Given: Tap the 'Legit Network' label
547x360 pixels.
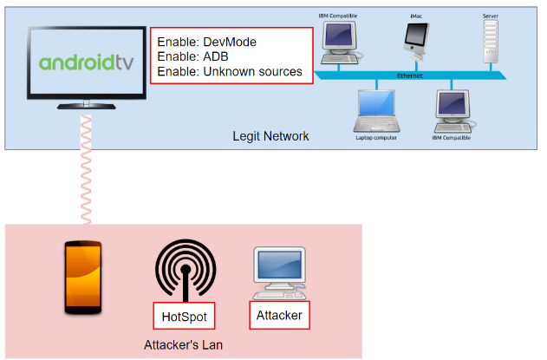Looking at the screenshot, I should [x=270, y=136].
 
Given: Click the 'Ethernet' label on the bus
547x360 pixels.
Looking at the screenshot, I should [x=409, y=75].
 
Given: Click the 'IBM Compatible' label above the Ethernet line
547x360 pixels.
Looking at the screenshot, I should [x=338, y=16].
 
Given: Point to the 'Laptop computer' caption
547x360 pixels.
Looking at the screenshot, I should [x=376, y=137].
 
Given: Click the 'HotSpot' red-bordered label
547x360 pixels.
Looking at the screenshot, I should [x=183, y=315].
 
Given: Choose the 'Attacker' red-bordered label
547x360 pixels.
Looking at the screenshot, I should [x=279, y=315].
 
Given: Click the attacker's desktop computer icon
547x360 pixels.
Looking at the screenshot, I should [x=279, y=272].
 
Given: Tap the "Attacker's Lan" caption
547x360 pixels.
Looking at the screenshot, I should [x=182, y=346].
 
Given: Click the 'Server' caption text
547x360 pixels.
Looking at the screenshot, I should [x=491, y=16].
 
